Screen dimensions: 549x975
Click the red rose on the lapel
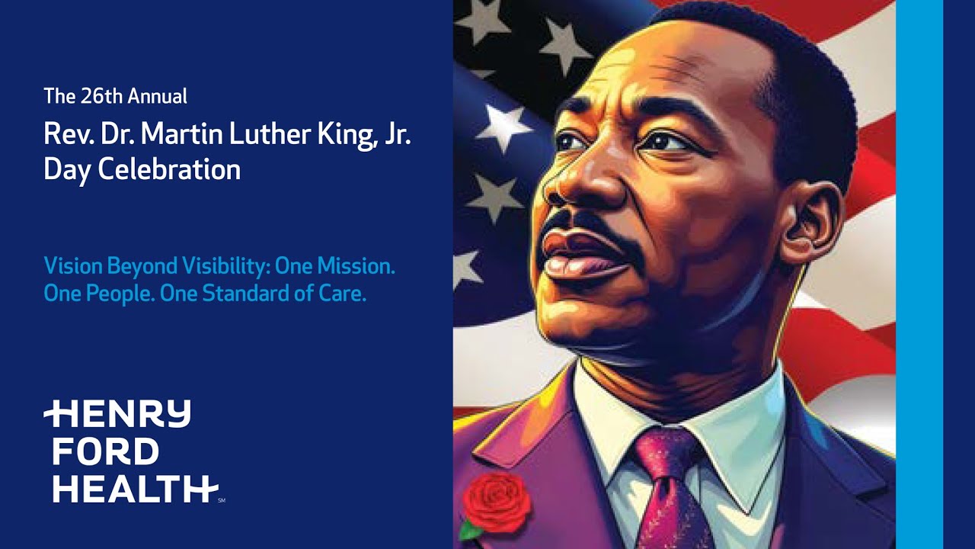[497, 501]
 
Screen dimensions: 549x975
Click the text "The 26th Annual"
[115, 97]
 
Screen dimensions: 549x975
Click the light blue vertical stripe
[919, 274]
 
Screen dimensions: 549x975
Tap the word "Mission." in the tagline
[355, 266]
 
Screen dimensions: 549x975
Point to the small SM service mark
[222, 501]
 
